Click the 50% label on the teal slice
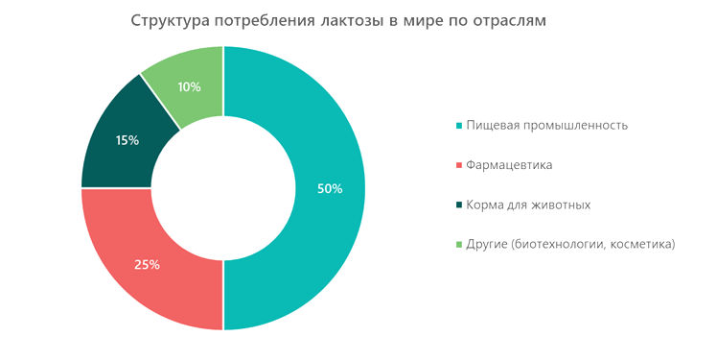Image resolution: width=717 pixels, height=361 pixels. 330,188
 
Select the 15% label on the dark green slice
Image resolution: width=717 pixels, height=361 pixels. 127,140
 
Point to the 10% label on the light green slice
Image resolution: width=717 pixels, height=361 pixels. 189,86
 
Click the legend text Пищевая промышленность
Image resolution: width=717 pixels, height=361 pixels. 546,126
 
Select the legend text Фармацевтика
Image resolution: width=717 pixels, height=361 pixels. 508,165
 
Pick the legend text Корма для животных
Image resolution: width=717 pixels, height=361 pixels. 527,205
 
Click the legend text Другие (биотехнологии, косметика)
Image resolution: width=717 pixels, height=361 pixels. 570,245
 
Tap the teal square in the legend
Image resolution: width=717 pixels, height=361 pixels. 459,126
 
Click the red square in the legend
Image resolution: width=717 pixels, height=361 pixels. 459,165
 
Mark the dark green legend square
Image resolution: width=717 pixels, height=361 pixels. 459,205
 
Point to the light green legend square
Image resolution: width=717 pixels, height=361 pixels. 459,245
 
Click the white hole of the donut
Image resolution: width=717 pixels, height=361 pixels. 223,188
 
